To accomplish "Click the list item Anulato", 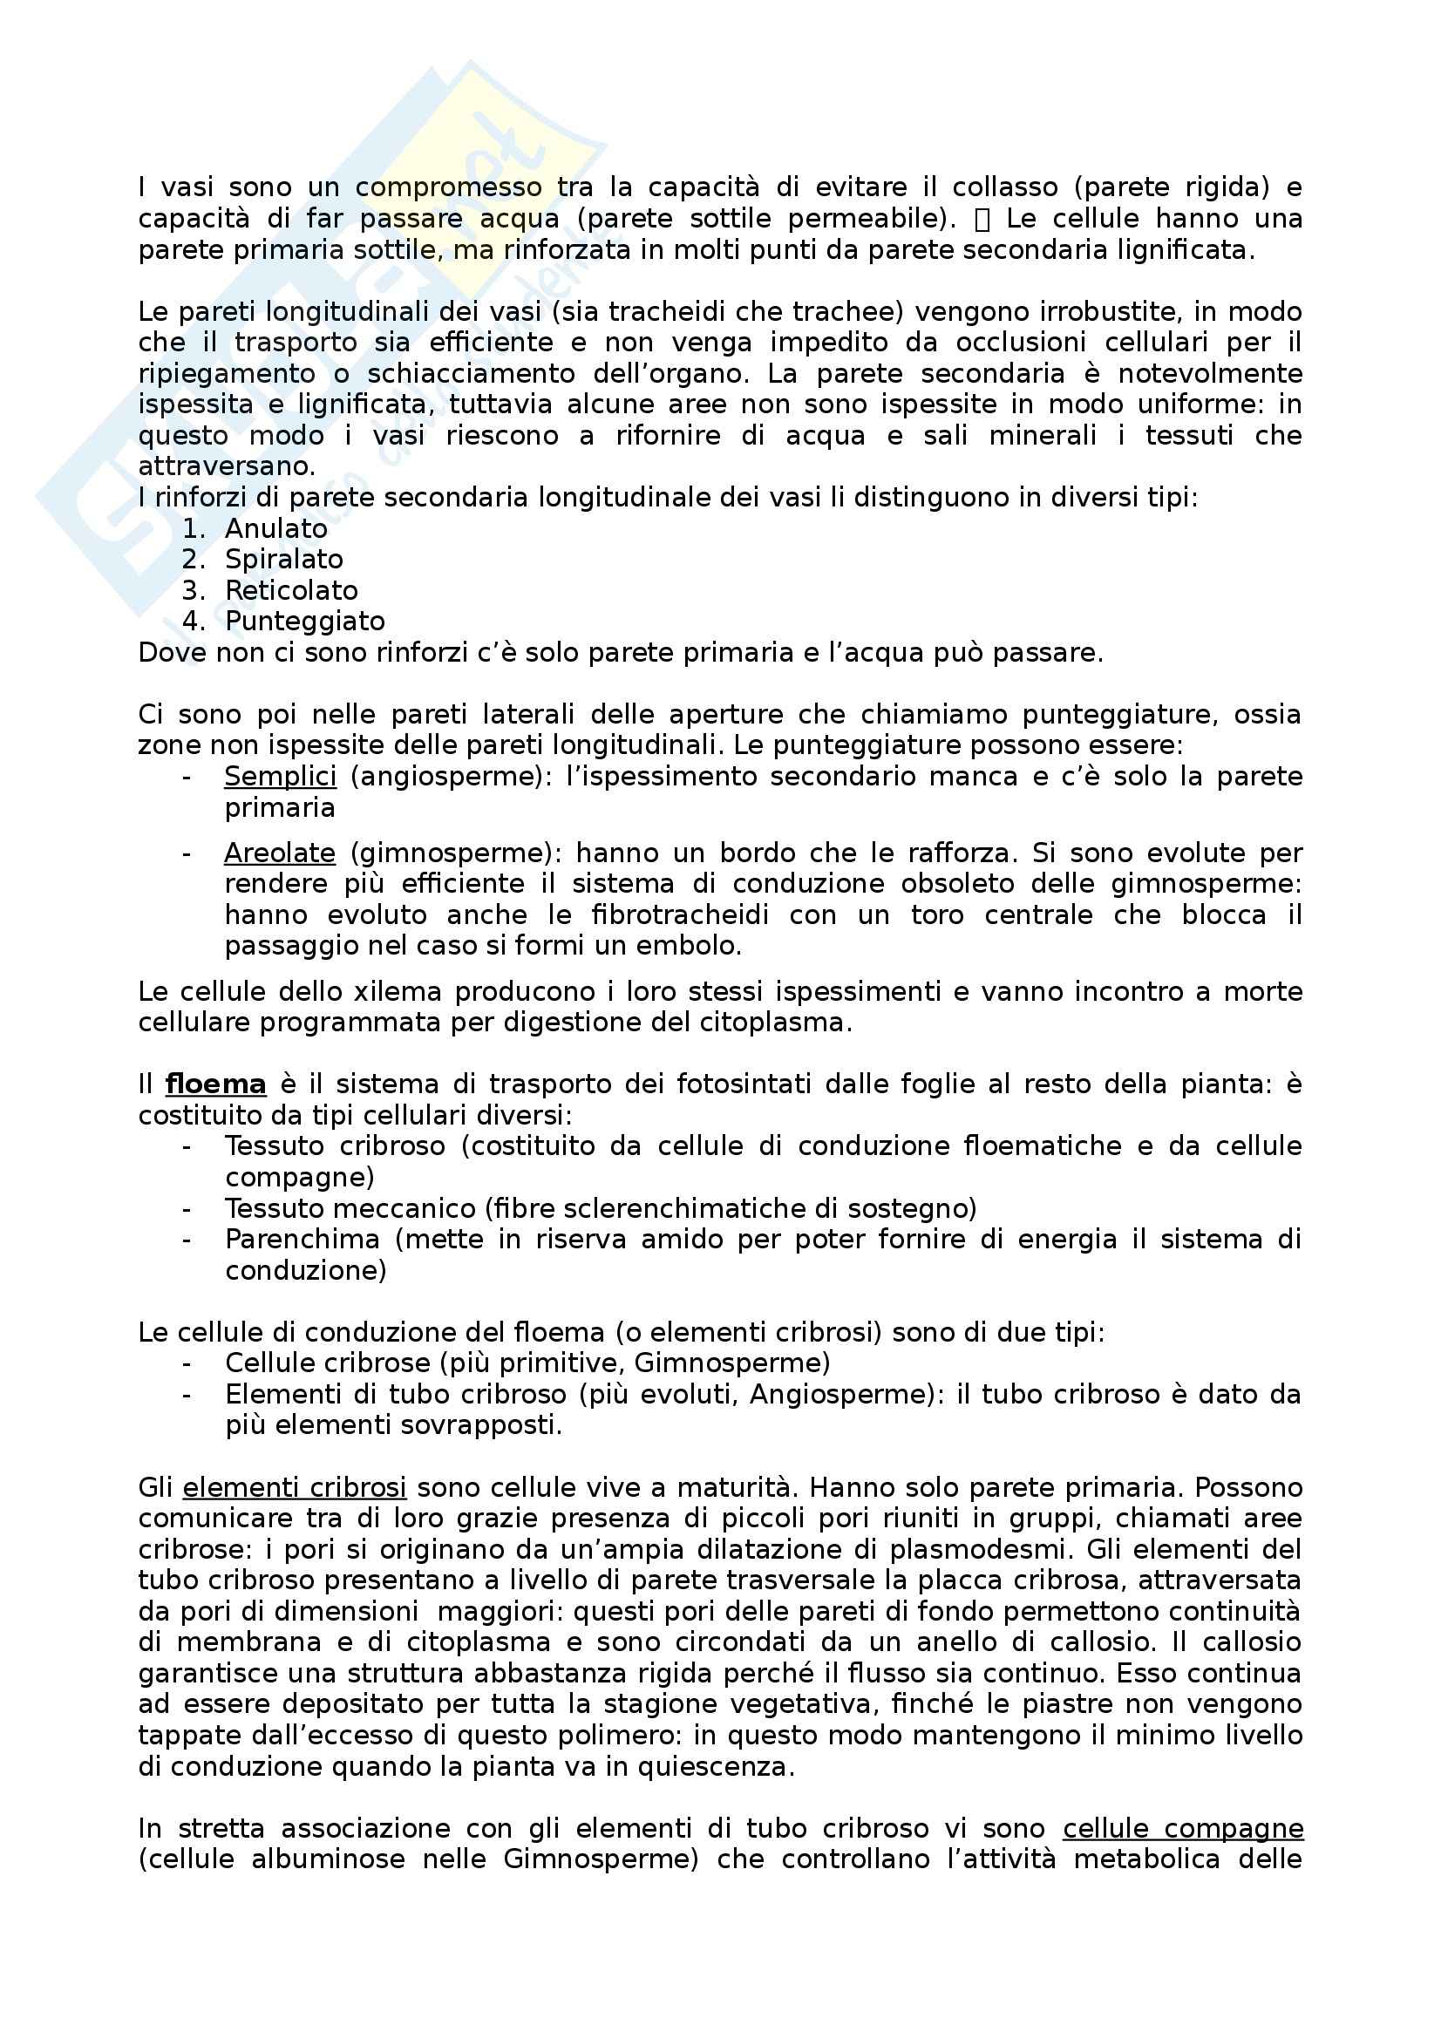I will (275, 528).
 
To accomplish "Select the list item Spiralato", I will (283, 560).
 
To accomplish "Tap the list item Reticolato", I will (291, 590).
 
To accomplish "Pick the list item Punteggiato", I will (304, 622).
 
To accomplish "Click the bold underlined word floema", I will (214, 1084).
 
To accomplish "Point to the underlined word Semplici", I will (280, 776).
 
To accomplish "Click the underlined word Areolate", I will (280, 853).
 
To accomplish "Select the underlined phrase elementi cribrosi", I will (294, 1487).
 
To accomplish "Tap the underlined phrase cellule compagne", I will (1183, 1829).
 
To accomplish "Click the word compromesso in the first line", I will (448, 187).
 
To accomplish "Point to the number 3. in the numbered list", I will (194, 590).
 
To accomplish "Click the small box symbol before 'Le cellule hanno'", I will (982, 220).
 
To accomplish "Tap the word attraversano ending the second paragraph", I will (226, 467).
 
